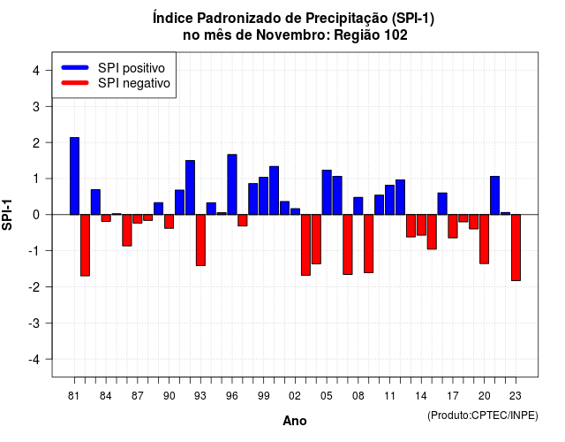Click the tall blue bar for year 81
coord(74,176)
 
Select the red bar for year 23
coord(516,248)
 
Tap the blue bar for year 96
coord(232,185)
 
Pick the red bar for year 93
coord(200,240)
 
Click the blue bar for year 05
coord(327,193)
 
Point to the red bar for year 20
coord(485,240)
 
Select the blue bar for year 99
coord(264,196)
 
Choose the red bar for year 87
coord(138,219)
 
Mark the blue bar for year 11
coord(390,200)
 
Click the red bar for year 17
coord(453,226)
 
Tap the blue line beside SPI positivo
coord(75,67)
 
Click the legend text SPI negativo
coord(134,83)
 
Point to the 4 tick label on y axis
coord(36,71)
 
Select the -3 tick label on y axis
coord(34,324)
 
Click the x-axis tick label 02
coord(295,396)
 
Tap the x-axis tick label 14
coord(421,396)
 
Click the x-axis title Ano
coord(295,421)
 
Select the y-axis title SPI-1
coord(7,215)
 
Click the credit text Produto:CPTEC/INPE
coord(483,415)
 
